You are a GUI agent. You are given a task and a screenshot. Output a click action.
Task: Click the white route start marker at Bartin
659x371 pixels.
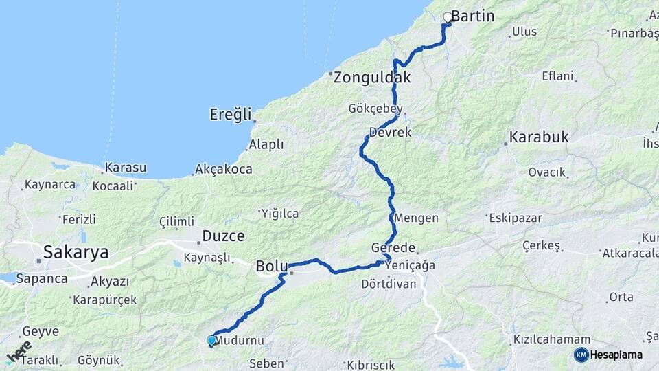click(x=448, y=17)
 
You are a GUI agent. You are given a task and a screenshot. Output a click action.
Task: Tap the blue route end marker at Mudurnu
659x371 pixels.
click(x=211, y=340)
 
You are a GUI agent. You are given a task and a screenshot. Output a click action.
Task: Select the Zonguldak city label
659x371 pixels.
click(x=372, y=78)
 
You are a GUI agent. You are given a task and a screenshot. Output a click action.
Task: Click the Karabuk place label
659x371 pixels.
click(x=540, y=137)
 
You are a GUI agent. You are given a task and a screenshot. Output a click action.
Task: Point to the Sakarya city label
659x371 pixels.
click(x=76, y=252)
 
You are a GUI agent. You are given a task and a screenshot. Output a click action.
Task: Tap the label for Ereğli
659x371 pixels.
click(x=231, y=115)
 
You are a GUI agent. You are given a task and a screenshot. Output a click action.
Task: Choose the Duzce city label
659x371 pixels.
click(x=223, y=236)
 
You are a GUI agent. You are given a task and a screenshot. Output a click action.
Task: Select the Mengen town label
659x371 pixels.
click(x=417, y=218)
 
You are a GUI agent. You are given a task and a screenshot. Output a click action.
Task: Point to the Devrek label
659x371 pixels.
click(x=389, y=133)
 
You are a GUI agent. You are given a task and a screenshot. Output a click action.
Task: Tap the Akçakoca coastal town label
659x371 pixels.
click(x=224, y=169)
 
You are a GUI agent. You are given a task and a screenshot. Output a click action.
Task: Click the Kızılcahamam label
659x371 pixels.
click(x=551, y=340)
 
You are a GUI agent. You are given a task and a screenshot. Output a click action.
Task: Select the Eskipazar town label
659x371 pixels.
click(x=515, y=218)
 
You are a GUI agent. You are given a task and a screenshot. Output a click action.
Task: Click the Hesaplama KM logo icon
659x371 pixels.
click(x=581, y=355)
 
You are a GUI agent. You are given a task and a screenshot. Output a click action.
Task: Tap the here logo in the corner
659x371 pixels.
click(x=19, y=352)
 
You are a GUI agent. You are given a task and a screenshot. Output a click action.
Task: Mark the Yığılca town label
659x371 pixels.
click(x=279, y=214)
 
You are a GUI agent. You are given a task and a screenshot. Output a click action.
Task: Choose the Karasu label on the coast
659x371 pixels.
click(x=125, y=168)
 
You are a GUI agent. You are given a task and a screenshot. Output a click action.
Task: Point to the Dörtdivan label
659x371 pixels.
click(x=389, y=284)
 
